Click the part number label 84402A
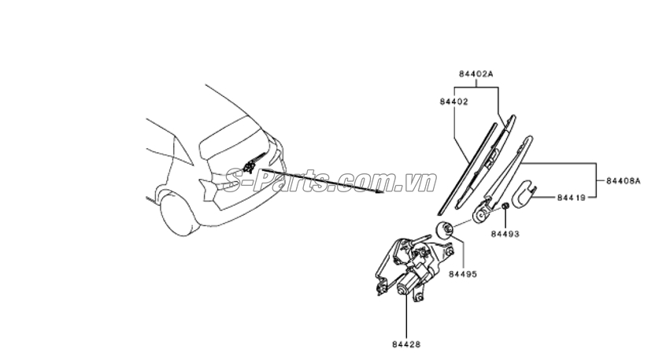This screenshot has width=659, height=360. (x=476, y=74)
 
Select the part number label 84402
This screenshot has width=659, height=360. (x=454, y=102)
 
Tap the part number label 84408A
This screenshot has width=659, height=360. (x=624, y=181)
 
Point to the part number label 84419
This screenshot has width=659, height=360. (x=571, y=197)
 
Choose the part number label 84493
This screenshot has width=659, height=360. (x=505, y=234)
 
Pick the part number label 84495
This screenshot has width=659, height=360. (x=463, y=274)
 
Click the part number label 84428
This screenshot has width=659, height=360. (x=406, y=344)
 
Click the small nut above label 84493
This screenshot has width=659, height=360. (x=505, y=206)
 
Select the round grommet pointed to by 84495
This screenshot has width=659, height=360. (x=444, y=229)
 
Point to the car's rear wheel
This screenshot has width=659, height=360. (x=180, y=214)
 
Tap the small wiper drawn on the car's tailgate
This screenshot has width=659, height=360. (x=254, y=163)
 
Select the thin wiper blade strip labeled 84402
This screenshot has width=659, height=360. (x=468, y=167)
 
